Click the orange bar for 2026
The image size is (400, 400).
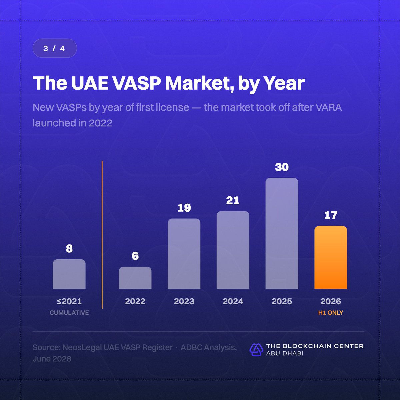[330, 257]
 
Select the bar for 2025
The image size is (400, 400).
[282, 233]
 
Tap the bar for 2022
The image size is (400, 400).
[135, 278]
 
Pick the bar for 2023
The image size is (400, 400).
[184, 253]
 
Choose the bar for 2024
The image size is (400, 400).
[233, 250]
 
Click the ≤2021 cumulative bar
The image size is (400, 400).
[69, 274]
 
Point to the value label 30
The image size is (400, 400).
[282, 167]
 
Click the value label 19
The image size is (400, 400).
[184, 208]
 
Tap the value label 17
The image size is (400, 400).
[331, 215]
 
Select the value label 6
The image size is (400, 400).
[135, 256]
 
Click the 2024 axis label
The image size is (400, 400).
[233, 301]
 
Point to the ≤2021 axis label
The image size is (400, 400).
[69, 301]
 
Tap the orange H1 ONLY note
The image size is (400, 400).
[330, 313]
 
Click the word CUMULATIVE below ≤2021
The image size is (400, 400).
[69, 313]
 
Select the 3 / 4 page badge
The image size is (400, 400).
[55, 48]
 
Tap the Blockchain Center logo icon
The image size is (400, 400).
[256, 350]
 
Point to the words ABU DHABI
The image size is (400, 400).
[285, 353]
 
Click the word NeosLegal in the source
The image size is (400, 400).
[82, 347]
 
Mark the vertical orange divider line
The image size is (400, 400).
[102, 235]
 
